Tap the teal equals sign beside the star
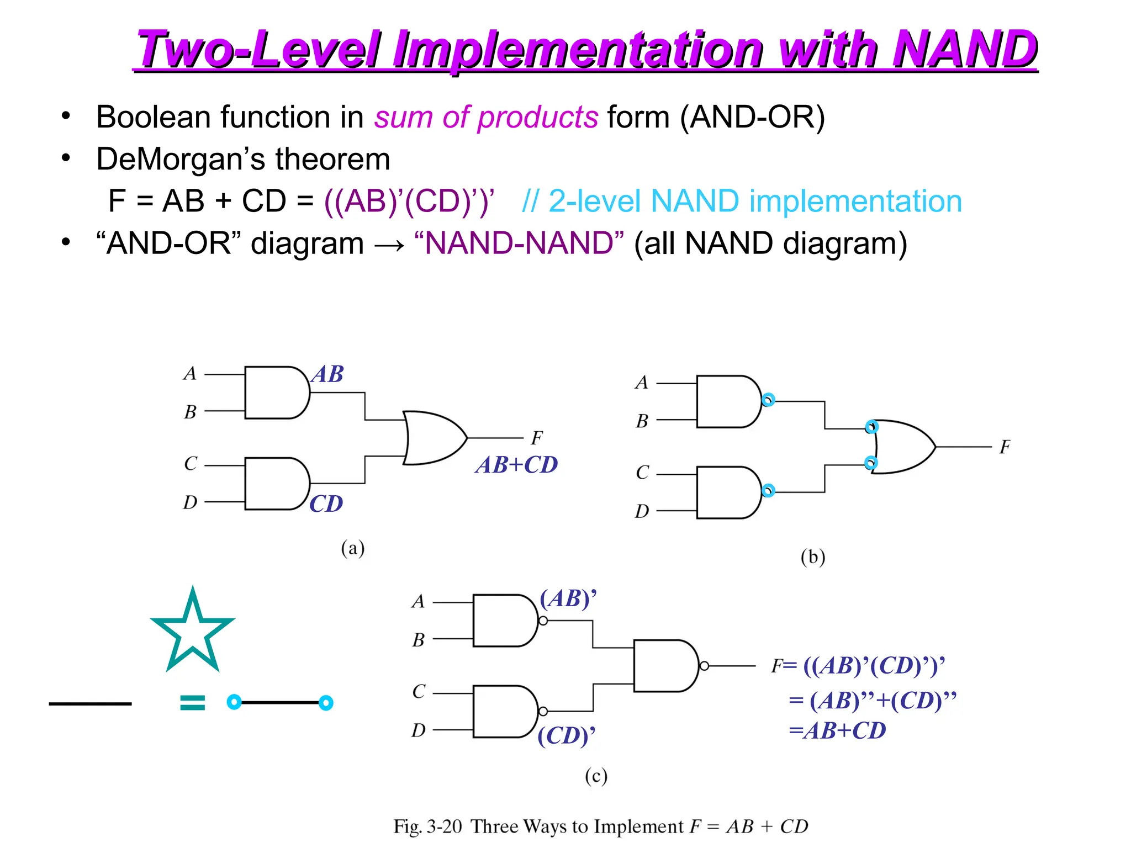(192, 702)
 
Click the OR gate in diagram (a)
(434, 438)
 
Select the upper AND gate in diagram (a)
(276, 393)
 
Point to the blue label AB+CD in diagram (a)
(516, 465)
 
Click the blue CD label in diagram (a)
(326, 504)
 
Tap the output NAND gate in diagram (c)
(665, 666)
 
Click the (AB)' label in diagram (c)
(568, 598)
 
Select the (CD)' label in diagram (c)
(566, 735)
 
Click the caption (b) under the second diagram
(812, 556)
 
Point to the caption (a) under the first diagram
(353, 548)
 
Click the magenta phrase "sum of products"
(486, 117)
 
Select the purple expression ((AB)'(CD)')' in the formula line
(409, 201)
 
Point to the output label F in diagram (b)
(1005, 447)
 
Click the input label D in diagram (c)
(419, 730)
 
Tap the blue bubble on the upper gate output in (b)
(768, 400)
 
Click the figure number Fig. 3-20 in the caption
(427, 826)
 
